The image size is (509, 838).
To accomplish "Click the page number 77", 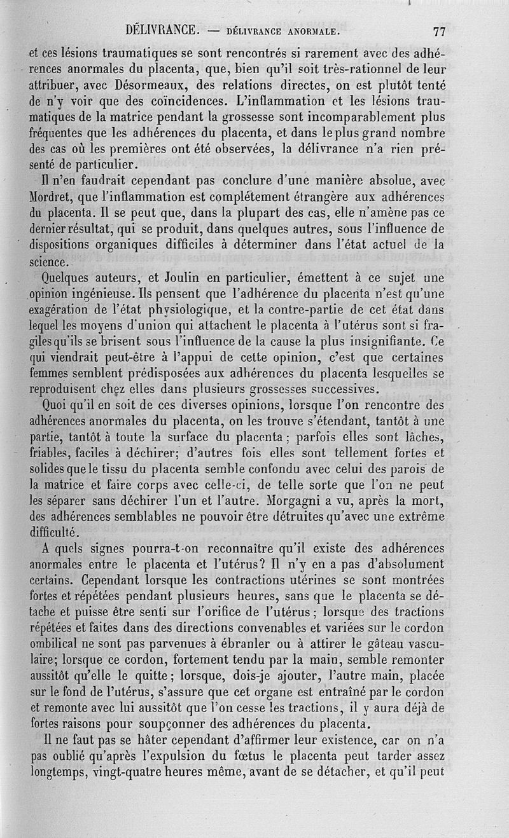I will [x=438, y=31].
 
